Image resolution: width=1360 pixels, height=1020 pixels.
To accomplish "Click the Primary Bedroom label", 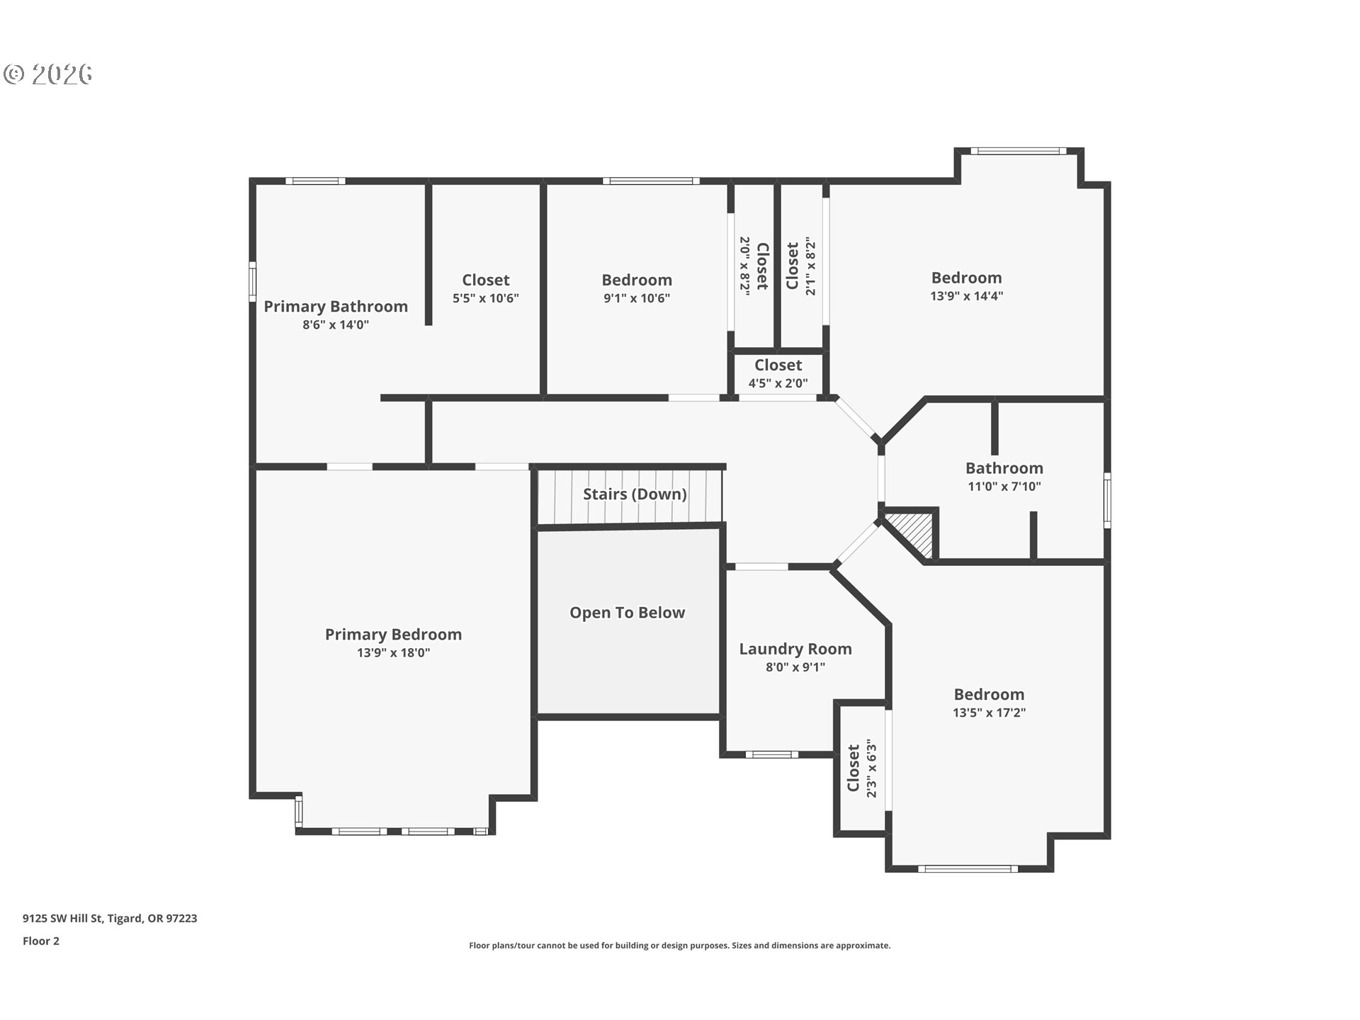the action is pos(393,635).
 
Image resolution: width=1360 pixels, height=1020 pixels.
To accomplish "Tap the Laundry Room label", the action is pos(795,649).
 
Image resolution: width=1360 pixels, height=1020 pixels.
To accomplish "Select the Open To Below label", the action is pos(627,613).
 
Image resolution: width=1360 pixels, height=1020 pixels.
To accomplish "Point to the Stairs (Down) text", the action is pos(635,494).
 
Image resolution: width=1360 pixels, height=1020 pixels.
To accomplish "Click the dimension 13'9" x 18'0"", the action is pos(393,653).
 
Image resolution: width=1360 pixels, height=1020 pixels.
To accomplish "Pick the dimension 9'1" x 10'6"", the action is pos(637,298).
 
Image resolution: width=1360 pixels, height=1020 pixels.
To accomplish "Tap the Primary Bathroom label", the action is pos(336,307).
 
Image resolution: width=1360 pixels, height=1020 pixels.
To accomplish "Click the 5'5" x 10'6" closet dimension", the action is pos(486,298).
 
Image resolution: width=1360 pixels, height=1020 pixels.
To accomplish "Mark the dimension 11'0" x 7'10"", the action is pos(1004,487).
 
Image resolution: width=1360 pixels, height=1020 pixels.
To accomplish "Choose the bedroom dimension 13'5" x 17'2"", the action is pos(989,713).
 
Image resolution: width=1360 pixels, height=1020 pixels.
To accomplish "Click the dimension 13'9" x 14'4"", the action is pos(966,296).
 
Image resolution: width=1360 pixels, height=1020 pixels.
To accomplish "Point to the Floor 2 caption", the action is pos(41,941).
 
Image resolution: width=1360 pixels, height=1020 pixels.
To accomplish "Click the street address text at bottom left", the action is pos(110,918).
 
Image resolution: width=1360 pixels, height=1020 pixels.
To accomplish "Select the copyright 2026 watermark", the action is pos(48,74).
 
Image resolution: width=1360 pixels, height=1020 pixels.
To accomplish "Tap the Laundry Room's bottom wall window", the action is pos(772,754).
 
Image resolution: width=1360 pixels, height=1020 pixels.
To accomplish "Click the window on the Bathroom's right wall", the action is pos(1107,500).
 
